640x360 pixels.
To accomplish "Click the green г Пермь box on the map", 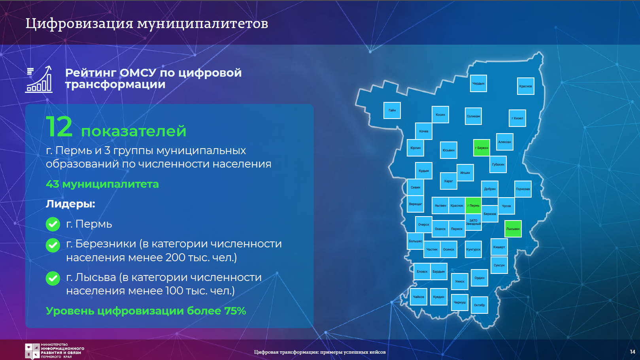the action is pos(473,205).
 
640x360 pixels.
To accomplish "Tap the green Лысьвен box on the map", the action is pos(513,229).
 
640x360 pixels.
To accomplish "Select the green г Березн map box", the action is pos(481,148).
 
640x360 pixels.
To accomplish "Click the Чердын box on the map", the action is pos(478,83).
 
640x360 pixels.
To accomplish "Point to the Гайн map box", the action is pos(392,110).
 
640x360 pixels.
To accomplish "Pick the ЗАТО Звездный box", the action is pos(473,222).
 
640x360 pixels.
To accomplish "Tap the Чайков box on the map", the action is pos(419,297).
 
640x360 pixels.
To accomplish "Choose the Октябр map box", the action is pos(480,305).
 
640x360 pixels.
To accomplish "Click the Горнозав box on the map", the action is pos(523,189).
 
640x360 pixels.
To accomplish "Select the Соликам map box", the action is pos(473,116).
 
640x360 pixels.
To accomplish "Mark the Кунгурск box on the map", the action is pos(473,249).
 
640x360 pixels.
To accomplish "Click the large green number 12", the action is pos(59,127).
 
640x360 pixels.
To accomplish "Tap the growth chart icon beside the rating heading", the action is pos(39,79).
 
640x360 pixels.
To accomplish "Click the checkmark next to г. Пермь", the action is pos(53,224).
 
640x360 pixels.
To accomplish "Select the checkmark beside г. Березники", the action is pos(53,245).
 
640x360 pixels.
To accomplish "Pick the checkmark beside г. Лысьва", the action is pos(53,279).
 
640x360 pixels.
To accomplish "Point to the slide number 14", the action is pos(632,352).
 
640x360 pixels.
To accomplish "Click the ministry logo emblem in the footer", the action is pos(32,351).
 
